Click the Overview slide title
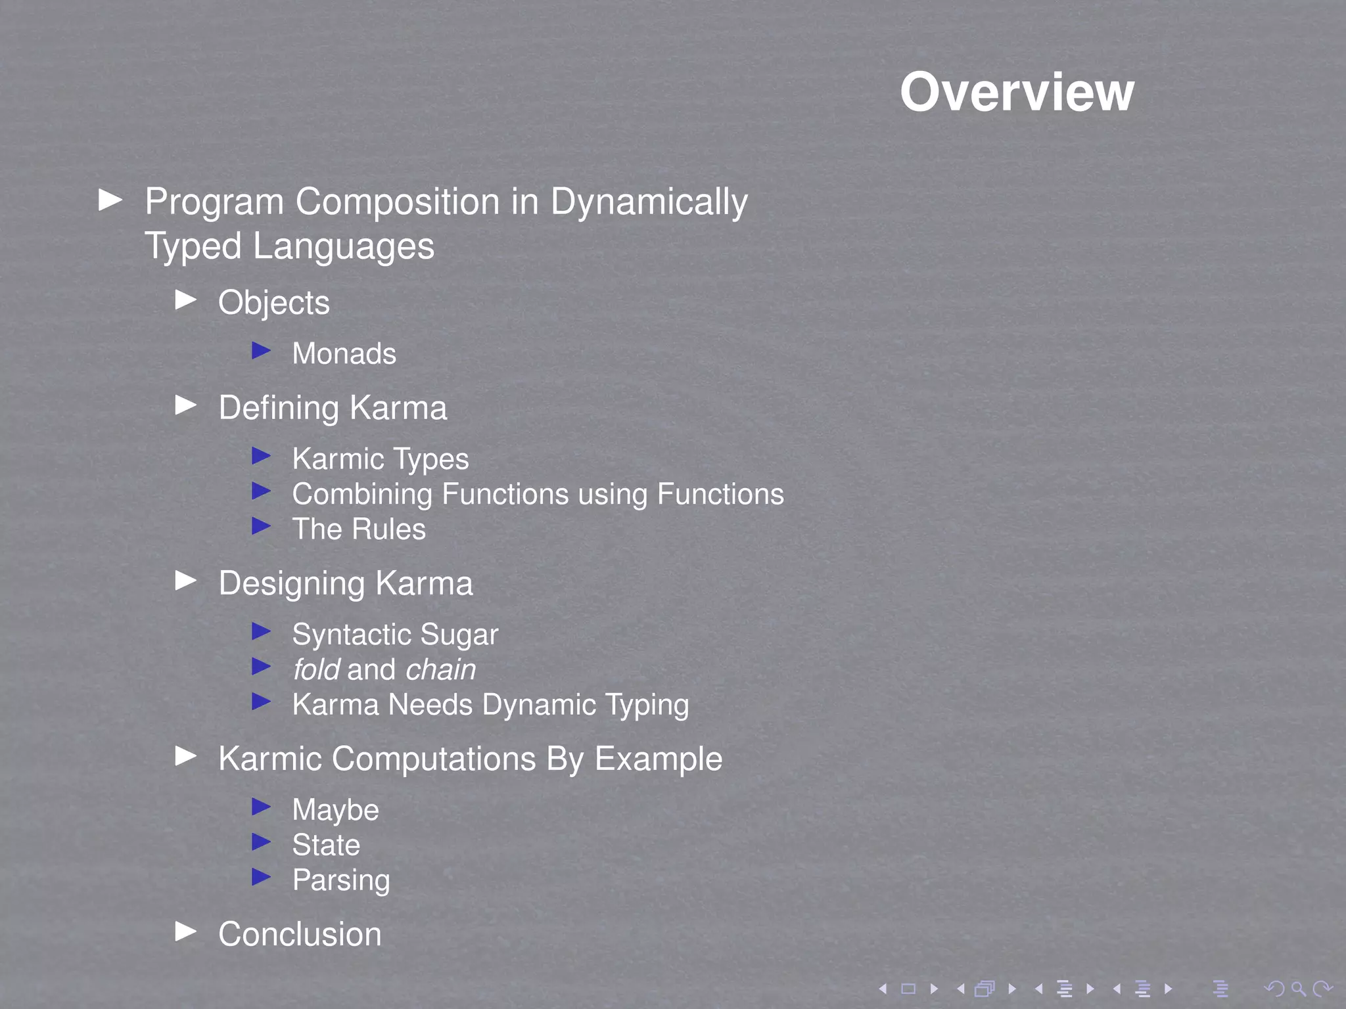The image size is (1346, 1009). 1017,93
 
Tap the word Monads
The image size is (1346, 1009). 344,354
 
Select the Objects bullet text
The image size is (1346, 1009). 274,303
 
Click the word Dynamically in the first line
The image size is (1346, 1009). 649,202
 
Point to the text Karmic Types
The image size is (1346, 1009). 381,459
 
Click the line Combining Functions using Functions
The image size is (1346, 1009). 538,495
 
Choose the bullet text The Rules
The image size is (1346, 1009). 359,529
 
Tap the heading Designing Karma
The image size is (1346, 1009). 346,584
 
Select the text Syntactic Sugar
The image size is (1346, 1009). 395,635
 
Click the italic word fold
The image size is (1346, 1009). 316,670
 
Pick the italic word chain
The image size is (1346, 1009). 441,670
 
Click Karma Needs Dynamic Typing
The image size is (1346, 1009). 490,705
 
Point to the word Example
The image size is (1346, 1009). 659,759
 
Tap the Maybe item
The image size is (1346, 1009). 335,811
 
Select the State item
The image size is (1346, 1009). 326,845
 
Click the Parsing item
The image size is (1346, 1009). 341,881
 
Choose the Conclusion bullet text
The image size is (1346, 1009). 300,935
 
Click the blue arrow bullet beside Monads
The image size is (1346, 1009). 262,351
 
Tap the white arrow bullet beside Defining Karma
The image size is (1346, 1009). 187,405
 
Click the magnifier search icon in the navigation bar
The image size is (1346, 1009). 1298,989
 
